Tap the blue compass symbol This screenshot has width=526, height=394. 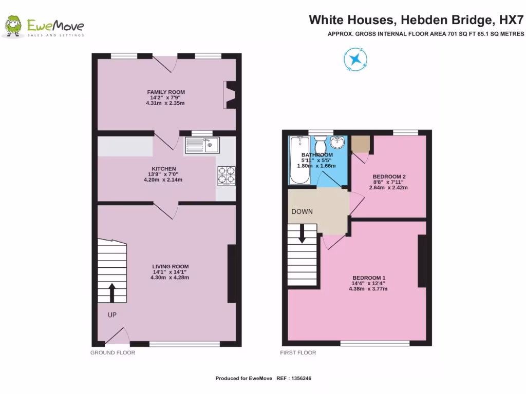coord(354,58)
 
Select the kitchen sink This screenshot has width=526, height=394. coord(202,145)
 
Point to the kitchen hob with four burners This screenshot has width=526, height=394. coord(226,175)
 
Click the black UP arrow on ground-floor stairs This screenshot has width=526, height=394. coord(112,293)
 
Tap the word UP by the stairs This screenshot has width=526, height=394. coord(112,315)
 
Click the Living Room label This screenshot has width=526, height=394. coord(170,266)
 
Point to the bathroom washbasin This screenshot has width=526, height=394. coord(339,142)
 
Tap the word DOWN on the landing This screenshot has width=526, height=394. coord(302,211)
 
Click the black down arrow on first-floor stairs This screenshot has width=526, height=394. coord(302,233)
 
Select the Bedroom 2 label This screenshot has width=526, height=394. coord(388,176)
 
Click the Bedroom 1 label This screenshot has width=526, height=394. coord(368,278)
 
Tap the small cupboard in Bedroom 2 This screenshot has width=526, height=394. coord(361,144)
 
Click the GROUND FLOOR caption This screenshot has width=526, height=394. coord(112,353)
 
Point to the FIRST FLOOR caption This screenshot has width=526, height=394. coord(298,353)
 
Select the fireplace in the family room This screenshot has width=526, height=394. coord(230,95)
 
